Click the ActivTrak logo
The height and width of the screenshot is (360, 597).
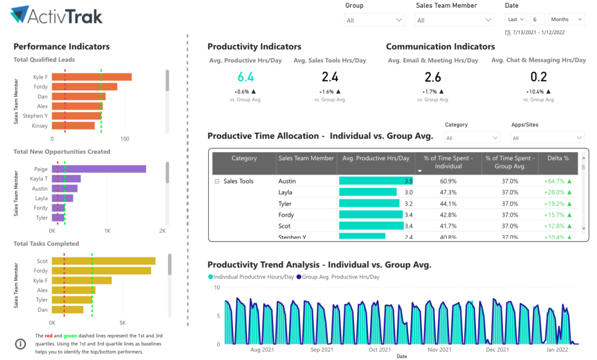point(57,15)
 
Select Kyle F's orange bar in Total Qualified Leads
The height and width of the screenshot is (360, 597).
point(92,77)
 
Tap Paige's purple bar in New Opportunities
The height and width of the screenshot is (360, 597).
point(99,169)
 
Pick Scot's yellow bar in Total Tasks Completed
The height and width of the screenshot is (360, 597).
point(103,261)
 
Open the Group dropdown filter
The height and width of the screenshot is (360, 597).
point(375,20)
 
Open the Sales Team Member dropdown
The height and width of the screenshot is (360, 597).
point(455,20)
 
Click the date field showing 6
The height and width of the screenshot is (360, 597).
point(538,19)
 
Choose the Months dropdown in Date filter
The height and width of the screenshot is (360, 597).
point(566,19)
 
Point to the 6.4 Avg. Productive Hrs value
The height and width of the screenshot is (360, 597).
point(246,77)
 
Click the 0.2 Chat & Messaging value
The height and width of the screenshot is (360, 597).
point(539,77)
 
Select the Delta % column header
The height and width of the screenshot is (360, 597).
point(557,158)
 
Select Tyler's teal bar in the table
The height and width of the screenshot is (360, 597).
point(369,204)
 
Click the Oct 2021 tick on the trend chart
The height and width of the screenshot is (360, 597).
point(380,350)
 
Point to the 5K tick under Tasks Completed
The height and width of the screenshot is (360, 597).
point(122,322)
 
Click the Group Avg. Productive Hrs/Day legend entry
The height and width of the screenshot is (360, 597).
point(338,277)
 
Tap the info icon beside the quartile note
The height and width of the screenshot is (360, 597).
point(20,344)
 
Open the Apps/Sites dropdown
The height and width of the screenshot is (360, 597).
point(547,138)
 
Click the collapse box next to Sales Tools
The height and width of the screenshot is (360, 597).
point(217,181)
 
